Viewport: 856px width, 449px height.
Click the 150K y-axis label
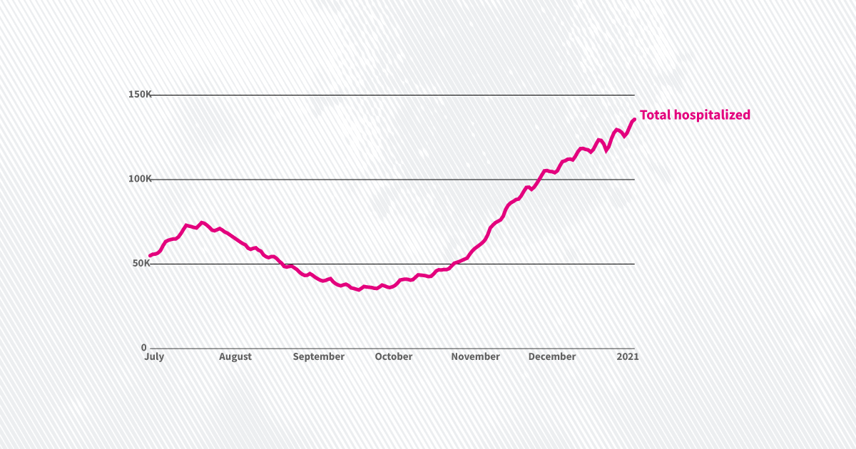coord(140,95)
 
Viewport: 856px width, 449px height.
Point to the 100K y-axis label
coord(140,179)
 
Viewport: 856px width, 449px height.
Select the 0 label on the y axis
coord(143,347)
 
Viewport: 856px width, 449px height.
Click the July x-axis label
coord(154,356)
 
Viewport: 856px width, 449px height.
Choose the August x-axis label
coord(235,356)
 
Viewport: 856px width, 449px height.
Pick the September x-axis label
coord(319,356)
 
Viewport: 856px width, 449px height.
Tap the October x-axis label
coord(394,356)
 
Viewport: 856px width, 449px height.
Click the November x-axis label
coord(475,356)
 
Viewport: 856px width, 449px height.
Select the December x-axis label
coord(552,356)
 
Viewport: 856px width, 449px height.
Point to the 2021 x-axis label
coord(627,356)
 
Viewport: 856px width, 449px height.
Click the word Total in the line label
coord(655,115)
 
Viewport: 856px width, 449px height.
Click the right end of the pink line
coord(634,119)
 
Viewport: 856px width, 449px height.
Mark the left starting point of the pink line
coord(150,255)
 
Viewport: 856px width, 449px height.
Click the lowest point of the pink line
coord(359,290)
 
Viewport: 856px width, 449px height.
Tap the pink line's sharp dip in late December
coord(607,150)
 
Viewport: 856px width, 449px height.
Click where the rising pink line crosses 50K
coord(453,264)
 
